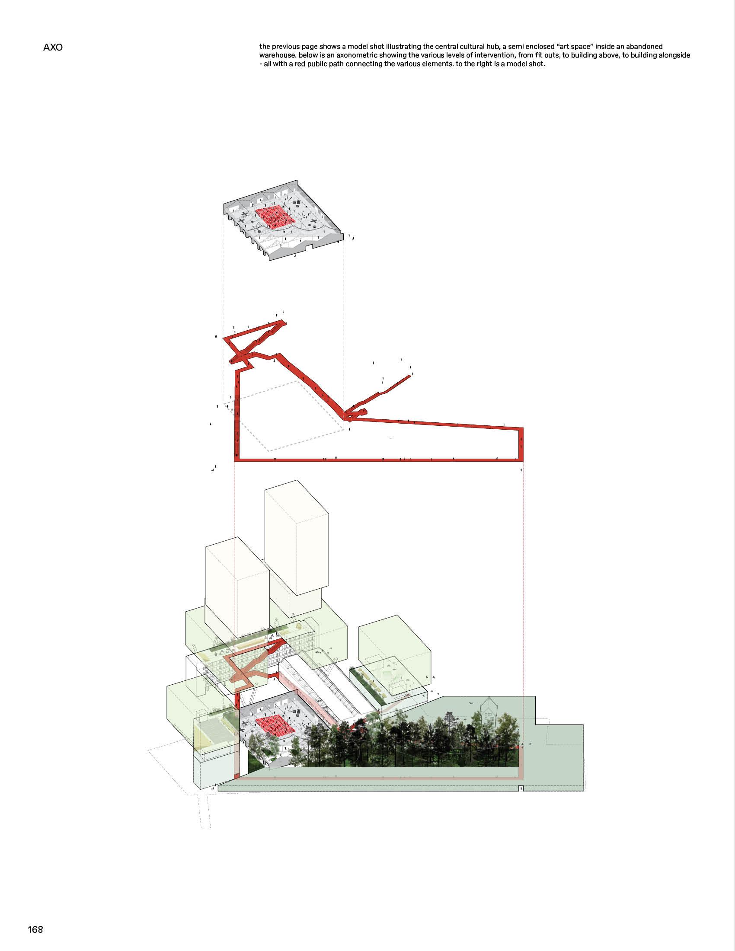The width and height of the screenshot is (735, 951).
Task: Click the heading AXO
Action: click(53, 48)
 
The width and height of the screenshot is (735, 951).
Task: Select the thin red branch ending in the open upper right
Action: click(381, 393)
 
